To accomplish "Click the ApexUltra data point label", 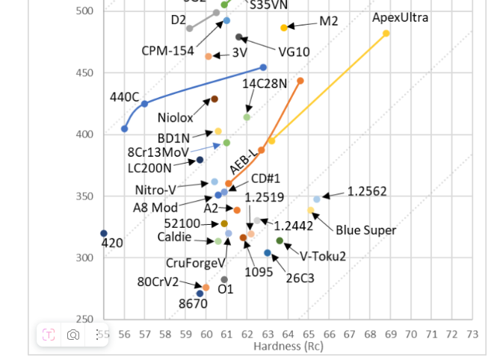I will [x=400, y=16].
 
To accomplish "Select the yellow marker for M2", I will [x=284, y=28].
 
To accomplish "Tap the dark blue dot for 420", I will [x=104, y=234].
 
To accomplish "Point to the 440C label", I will [x=124, y=97].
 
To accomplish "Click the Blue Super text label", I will [x=365, y=230].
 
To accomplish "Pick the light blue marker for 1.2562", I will [x=317, y=199].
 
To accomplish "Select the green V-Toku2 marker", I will [x=280, y=240].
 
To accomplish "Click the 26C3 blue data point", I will [x=268, y=253].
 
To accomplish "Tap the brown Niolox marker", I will [x=215, y=99].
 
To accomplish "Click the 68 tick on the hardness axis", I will [x=369, y=335].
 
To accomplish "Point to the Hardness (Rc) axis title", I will [x=288, y=347].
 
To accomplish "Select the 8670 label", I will [x=193, y=304].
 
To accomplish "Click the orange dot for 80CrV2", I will [x=206, y=288].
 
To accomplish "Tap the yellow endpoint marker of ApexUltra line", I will [x=386, y=34].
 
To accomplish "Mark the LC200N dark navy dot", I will [x=200, y=160].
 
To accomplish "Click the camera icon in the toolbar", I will [x=73, y=335].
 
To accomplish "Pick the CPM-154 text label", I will [x=167, y=51].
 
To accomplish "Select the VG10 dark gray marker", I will [x=239, y=37].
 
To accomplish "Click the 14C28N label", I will [x=265, y=84].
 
